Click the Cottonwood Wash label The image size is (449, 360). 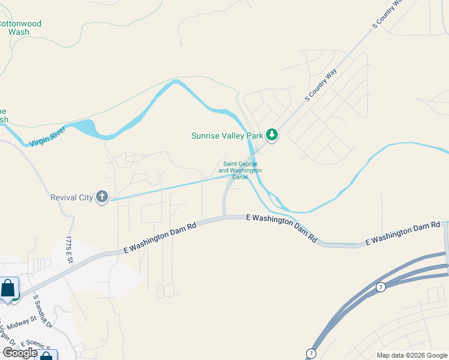click(x=20, y=28)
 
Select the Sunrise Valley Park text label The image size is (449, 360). click(x=228, y=136)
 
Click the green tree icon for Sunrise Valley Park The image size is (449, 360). click(x=272, y=135)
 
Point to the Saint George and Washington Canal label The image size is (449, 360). click(x=240, y=170)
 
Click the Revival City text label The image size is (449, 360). click(x=71, y=197)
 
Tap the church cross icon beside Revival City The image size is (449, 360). click(x=102, y=197)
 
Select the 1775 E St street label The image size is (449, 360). click(x=69, y=251)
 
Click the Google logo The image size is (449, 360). click(x=20, y=353)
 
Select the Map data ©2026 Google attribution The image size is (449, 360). click(x=412, y=355)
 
